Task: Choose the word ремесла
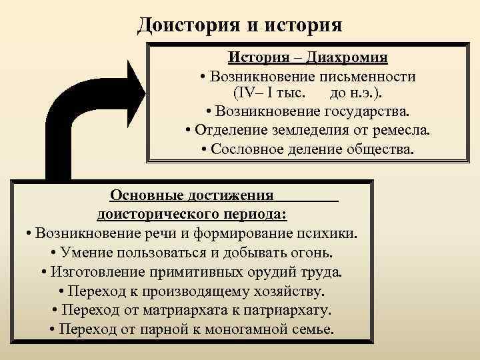pos(401,129)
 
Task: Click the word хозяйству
pos(282,291)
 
